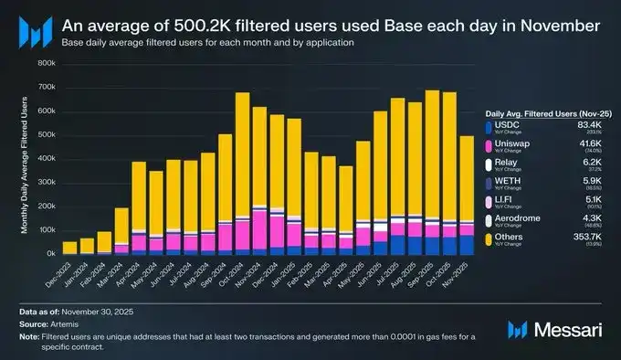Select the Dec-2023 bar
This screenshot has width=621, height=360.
(x=69, y=248)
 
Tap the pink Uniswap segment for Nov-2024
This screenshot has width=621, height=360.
(x=259, y=228)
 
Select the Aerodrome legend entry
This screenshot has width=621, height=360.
(x=517, y=218)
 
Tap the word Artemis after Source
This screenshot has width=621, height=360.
(x=77, y=324)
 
